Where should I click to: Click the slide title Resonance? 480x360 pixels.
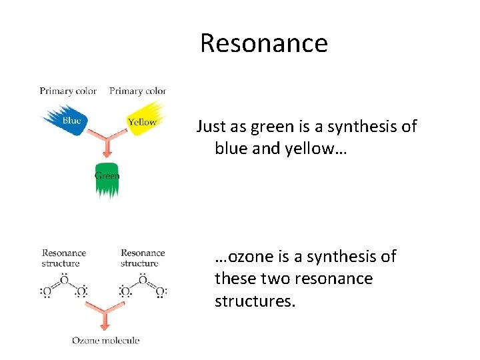click(263, 43)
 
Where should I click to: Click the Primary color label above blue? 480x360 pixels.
click(68, 91)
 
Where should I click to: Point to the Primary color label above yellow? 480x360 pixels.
click(137, 91)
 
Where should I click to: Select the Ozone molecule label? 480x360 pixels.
click(106, 341)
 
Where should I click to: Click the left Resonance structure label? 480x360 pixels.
click(64, 258)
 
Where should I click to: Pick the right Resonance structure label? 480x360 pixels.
click(143, 258)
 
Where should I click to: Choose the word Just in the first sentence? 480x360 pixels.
click(211, 127)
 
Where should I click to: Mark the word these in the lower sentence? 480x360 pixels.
click(235, 279)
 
